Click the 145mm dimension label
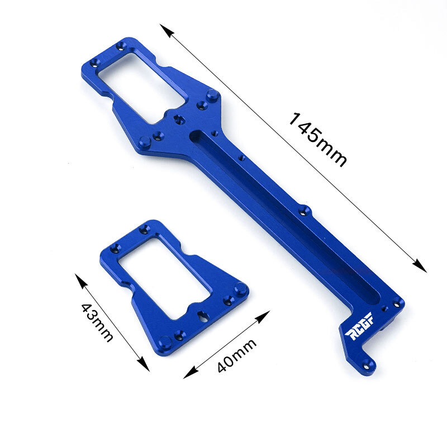click(x=317, y=140)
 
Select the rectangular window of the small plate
click(x=162, y=277)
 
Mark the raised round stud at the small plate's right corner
click(x=240, y=289)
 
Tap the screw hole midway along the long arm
click(x=305, y=211)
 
